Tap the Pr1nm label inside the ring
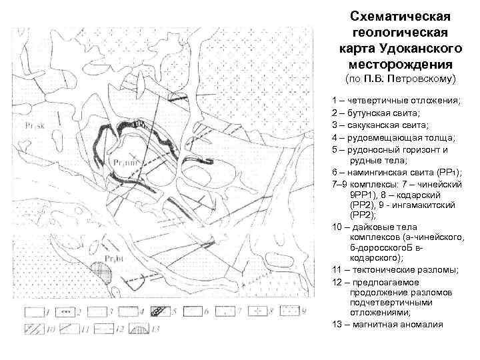[x=125, y=161]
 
